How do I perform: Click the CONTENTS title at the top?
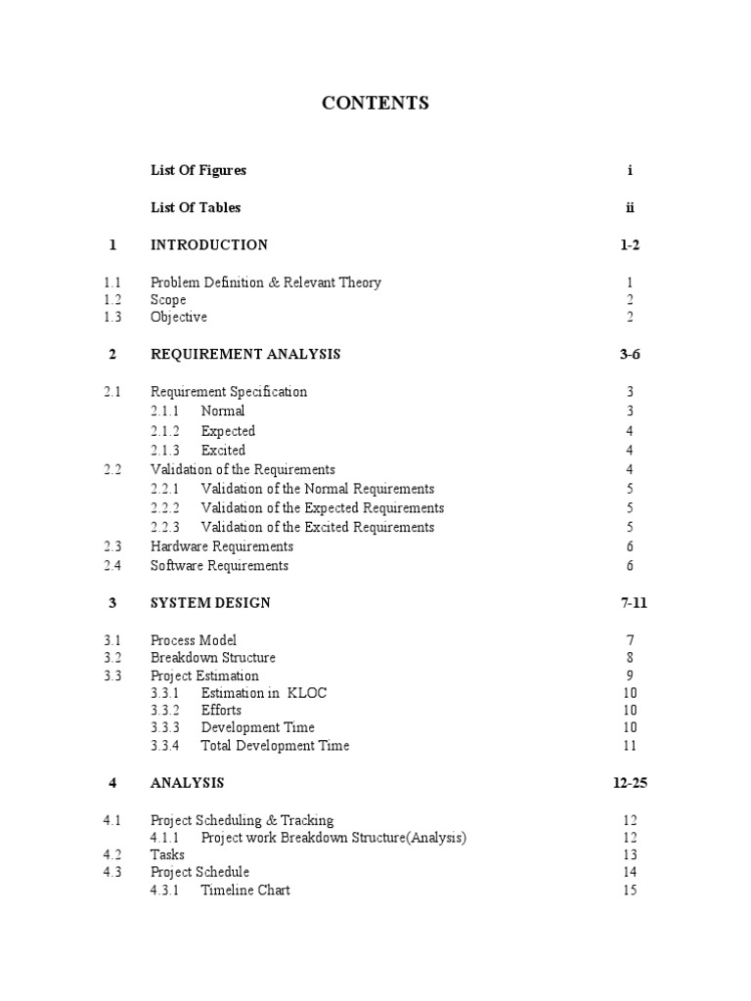[375, 103]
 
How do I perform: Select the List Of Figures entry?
[199, 170]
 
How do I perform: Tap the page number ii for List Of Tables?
[631, 207]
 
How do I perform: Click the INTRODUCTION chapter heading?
[209, 244]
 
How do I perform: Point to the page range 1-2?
[630, 244]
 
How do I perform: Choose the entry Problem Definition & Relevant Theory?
[266, 283]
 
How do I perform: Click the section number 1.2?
[112, 300]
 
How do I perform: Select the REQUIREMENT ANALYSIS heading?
[245, 354]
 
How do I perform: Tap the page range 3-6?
[630, 354]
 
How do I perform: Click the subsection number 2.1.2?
[166, 431]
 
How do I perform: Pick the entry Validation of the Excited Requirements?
[318, 527]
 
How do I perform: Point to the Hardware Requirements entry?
[222, 546]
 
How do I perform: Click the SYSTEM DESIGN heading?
[210, 602]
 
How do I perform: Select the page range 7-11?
[634, 602]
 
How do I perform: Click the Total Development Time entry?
[275, 746]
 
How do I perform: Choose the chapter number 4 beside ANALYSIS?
[112, 782]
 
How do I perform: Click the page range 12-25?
[630, 782]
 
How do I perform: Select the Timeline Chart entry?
[245, 890]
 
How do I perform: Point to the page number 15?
[630, 890]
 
